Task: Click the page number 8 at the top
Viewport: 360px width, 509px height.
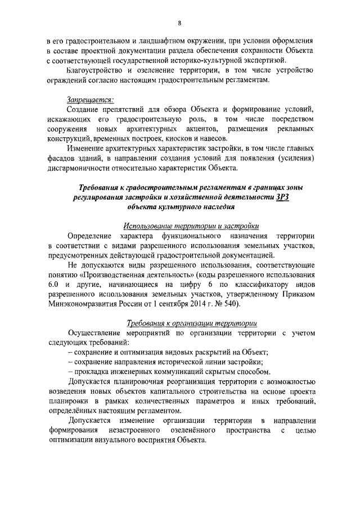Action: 179,22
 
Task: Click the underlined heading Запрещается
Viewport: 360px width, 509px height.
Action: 90,100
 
